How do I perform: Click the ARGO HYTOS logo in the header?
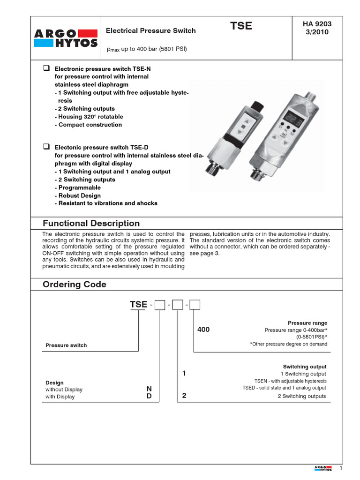click(x=66, y=38)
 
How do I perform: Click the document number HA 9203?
click(x=317, y=24)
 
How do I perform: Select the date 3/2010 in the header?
click(x=317, y=32)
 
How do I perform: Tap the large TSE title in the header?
click(x=241, y=26)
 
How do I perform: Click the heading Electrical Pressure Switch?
click(x=150, y=31)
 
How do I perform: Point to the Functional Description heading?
click(x=91, y=224)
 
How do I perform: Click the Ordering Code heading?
click(x=75, y=285)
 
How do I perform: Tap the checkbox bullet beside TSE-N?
click(x=46, y=68)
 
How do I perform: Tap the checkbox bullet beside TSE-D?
click(x=46, y=147)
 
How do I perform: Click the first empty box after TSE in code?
click(x=160, y=305)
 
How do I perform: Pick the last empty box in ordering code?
click(x=194, y=305)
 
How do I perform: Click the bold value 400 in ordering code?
click(x=203, y=330)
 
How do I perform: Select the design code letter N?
click(x=149, y=389)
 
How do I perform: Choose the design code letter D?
click(x=149, y=397)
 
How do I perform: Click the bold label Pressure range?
click(x=307, y=323)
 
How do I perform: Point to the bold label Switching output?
click(x=305, y=367)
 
